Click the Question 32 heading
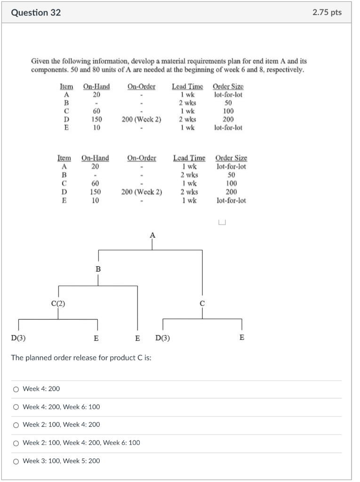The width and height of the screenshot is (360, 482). [x=36, y=13]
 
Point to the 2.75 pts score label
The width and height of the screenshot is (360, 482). [x=327, y=13]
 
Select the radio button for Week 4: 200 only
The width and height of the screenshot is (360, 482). [x=16, y=389]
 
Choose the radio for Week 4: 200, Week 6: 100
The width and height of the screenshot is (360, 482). [x=16, y=407]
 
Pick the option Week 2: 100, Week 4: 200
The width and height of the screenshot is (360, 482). [x=16, y=425]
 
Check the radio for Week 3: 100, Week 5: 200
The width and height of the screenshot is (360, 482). [x=16, y=461]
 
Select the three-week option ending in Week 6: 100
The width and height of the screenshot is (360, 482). [x=16, y=442]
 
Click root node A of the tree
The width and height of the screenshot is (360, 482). [x=152, y=234]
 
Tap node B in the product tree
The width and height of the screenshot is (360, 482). [x=98, y=269]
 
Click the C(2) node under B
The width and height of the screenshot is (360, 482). [x=58, y=304]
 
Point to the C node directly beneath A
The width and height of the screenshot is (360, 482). [x=202, y=304]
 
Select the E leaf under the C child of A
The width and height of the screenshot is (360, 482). [x=242, y=337]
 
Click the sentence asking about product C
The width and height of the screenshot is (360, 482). [x=81, y=358]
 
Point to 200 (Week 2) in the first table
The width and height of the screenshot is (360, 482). [x=141, y=120]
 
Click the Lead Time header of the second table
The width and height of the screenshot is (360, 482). [x=189, y=158]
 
